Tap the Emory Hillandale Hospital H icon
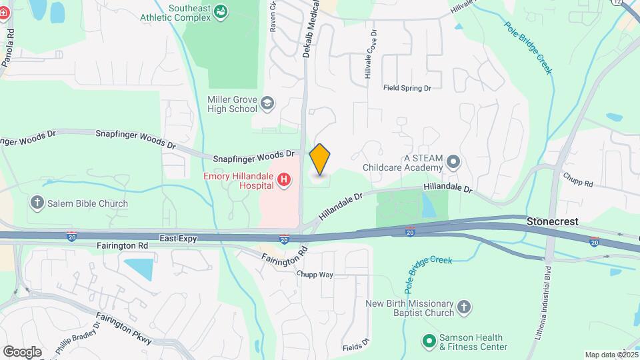[x=285, y=179]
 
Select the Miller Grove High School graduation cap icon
[x=267, y=103]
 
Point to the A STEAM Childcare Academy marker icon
[x=453, y=161]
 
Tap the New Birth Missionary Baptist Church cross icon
[x=464, y=307]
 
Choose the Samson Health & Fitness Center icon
[x=429, y=341]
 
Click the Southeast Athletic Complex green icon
[x=221, y=11]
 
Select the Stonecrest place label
[x=553, y=221]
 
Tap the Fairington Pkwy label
[x=123, y=328]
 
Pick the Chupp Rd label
[x=578, y=181]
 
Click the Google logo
[x=22, y=351]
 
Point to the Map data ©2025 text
[x=611, y=355]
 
